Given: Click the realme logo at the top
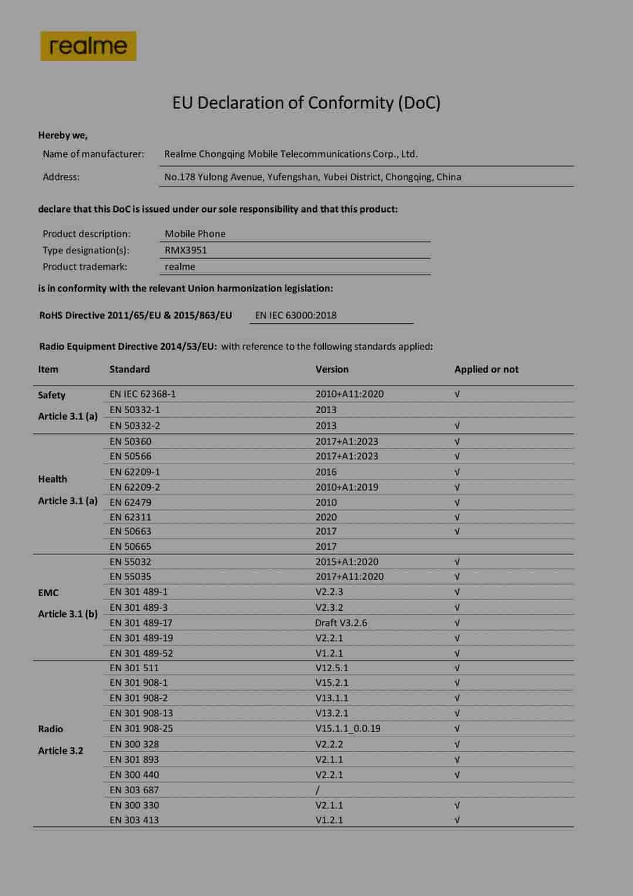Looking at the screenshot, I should point(88,46).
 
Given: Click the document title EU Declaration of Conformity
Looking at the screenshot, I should point(306,103).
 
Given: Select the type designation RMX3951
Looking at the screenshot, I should point(185,250).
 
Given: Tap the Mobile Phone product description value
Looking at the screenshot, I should point(195,234).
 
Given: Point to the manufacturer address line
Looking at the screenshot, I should point(312,177).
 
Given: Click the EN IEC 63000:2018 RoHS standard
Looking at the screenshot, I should point(296,315).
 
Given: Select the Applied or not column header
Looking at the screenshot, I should point(486,369).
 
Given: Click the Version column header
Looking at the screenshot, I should point(331,369).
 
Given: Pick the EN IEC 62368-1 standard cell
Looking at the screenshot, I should point(143,394).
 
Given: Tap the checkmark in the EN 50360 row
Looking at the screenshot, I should point(457,441).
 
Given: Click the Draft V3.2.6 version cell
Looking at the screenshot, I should point(341,623).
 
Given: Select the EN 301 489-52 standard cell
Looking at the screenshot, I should point(141,653).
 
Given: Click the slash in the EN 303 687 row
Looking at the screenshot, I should point(317,790).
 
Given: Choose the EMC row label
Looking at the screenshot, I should point(48,593).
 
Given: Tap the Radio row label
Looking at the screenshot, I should point(50,729).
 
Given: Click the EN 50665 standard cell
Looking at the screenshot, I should point(130,546).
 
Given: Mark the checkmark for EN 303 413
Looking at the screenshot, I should point(457,820).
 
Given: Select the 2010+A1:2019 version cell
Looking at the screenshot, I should point(347,487).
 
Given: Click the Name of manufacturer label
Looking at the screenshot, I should point(93,154).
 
